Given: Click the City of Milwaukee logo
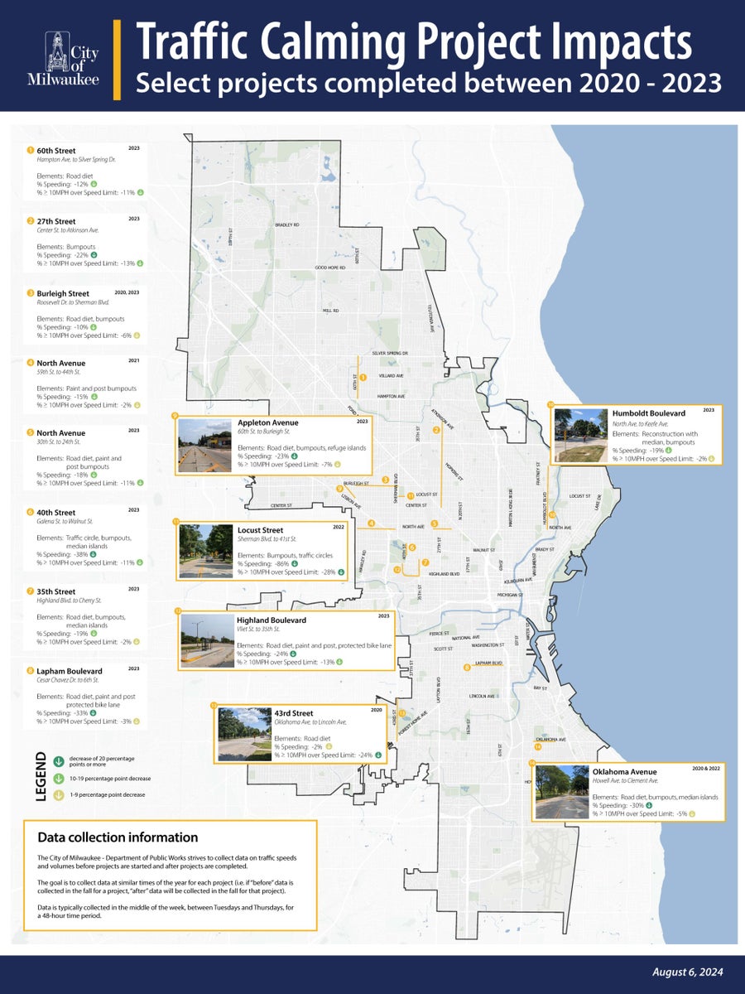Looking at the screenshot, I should pos(70,58).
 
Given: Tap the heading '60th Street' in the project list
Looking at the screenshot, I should pos(55,152).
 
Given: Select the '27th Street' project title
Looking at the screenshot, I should pos(55,222).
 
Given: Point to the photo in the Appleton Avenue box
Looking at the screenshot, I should pos(204,446).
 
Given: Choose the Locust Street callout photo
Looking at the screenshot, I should pos(206,551).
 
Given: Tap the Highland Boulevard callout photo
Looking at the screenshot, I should pos(208,641).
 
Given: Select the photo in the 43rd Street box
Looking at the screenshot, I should pos(243,734).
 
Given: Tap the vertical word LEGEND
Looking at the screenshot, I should pos(41,777).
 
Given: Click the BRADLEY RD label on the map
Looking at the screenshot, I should pos(287,224).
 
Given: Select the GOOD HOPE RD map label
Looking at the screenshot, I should pos(330,268).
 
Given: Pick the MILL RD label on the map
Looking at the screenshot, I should pos(331,311).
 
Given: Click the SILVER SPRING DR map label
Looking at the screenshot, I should pos(390,353).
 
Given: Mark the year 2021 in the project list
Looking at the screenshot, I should pos(134,360).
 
